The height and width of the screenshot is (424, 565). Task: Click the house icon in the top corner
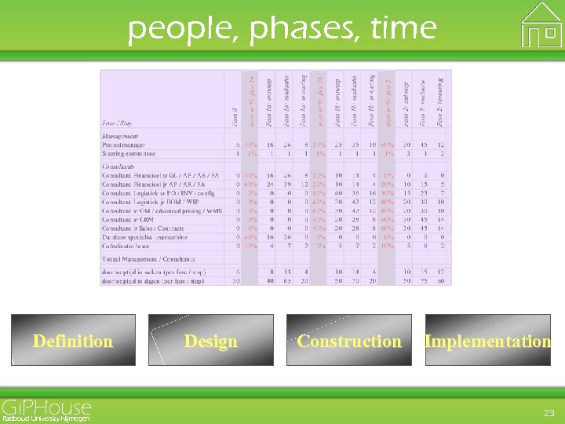click(x=541, y=25)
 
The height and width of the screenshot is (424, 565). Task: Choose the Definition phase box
click(x=73, y=340)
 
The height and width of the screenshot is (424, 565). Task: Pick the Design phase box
click(x=210, y=340)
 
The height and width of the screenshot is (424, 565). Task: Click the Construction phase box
click(x=348, y=340)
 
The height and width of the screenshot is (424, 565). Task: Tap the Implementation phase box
click(x=487, y=340)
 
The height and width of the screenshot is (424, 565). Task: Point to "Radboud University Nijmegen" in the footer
click(x=46, y=419)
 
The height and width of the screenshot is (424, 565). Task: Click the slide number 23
click(x=549, y=412)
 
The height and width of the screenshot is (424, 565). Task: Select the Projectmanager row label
click(x=123, y=144)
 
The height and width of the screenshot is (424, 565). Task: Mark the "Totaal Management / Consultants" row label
click(x=148, y=258)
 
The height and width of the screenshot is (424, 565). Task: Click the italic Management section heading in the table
click(x=120, y=136)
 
